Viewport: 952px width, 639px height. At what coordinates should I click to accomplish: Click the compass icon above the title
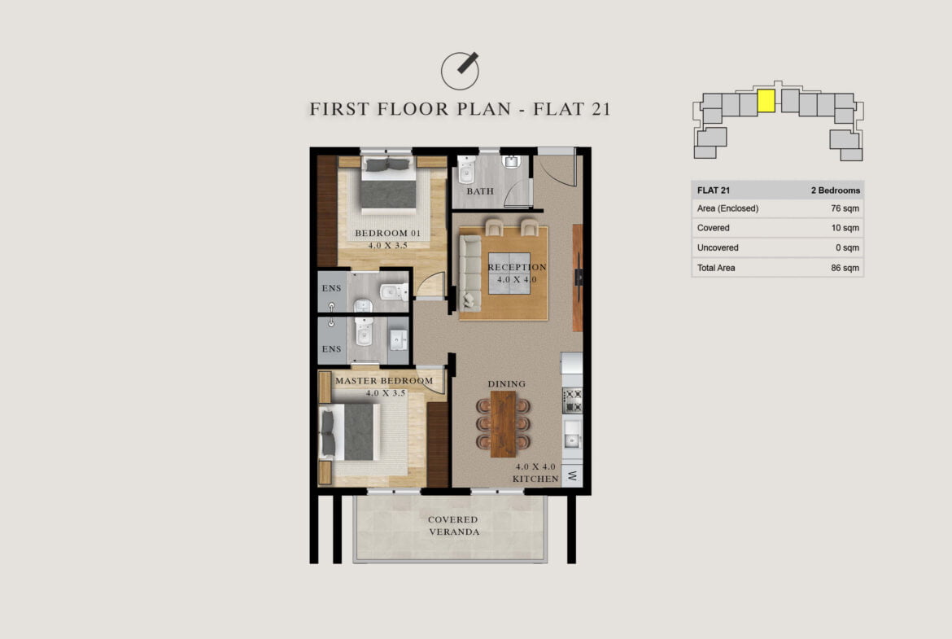pos(460,71)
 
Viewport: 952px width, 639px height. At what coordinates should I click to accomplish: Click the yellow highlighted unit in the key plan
pos(766,101)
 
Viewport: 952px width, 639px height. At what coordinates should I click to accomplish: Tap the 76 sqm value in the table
pos(845,208)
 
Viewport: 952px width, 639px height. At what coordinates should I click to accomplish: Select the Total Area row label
pos(716,268)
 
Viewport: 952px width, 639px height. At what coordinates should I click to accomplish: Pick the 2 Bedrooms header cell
pos(836,190)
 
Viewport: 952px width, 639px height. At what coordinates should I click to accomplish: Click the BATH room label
pos(480,190)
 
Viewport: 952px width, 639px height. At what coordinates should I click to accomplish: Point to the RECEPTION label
pos(517,267)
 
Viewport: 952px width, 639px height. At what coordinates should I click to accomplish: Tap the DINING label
pos(506,384)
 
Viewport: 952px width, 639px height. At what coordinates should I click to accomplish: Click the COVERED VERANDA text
pos(453,525)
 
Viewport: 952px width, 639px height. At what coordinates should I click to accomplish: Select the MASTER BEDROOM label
pos(384,381)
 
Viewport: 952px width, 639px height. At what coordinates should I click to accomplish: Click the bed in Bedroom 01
pos(389,185)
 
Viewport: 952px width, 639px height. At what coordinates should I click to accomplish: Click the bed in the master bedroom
pos(350,432)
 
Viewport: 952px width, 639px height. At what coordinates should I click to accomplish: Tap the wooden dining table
pos(504,423)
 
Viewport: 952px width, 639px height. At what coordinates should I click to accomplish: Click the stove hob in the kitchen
pos(572,400)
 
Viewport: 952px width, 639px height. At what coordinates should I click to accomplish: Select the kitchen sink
pos(571,435)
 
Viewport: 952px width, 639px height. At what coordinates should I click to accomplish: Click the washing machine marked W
pos(572,475)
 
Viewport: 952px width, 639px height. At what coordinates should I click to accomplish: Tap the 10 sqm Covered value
pos(845,228)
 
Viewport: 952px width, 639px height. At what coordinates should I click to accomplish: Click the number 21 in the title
pos(600,109)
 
